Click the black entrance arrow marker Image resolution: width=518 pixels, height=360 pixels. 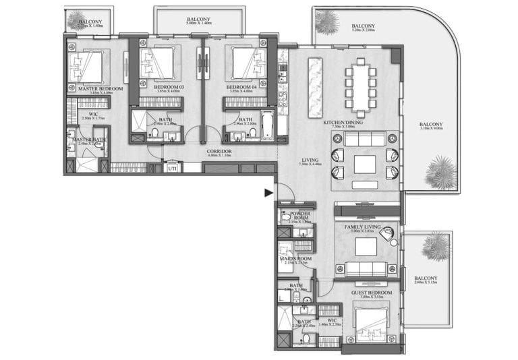tap(268, 193)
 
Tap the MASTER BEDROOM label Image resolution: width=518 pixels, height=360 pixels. tap(100, 88)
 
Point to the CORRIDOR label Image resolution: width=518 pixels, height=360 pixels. tap(219, 152)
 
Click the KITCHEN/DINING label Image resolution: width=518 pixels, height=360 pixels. tap(343, 122)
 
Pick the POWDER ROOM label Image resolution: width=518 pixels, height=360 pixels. tap(295, 216)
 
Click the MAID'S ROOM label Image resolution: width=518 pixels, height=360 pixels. tap(294, 258)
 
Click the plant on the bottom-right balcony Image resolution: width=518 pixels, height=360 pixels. tap(435, 246)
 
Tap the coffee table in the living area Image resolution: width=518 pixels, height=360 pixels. tap(364, 164)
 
